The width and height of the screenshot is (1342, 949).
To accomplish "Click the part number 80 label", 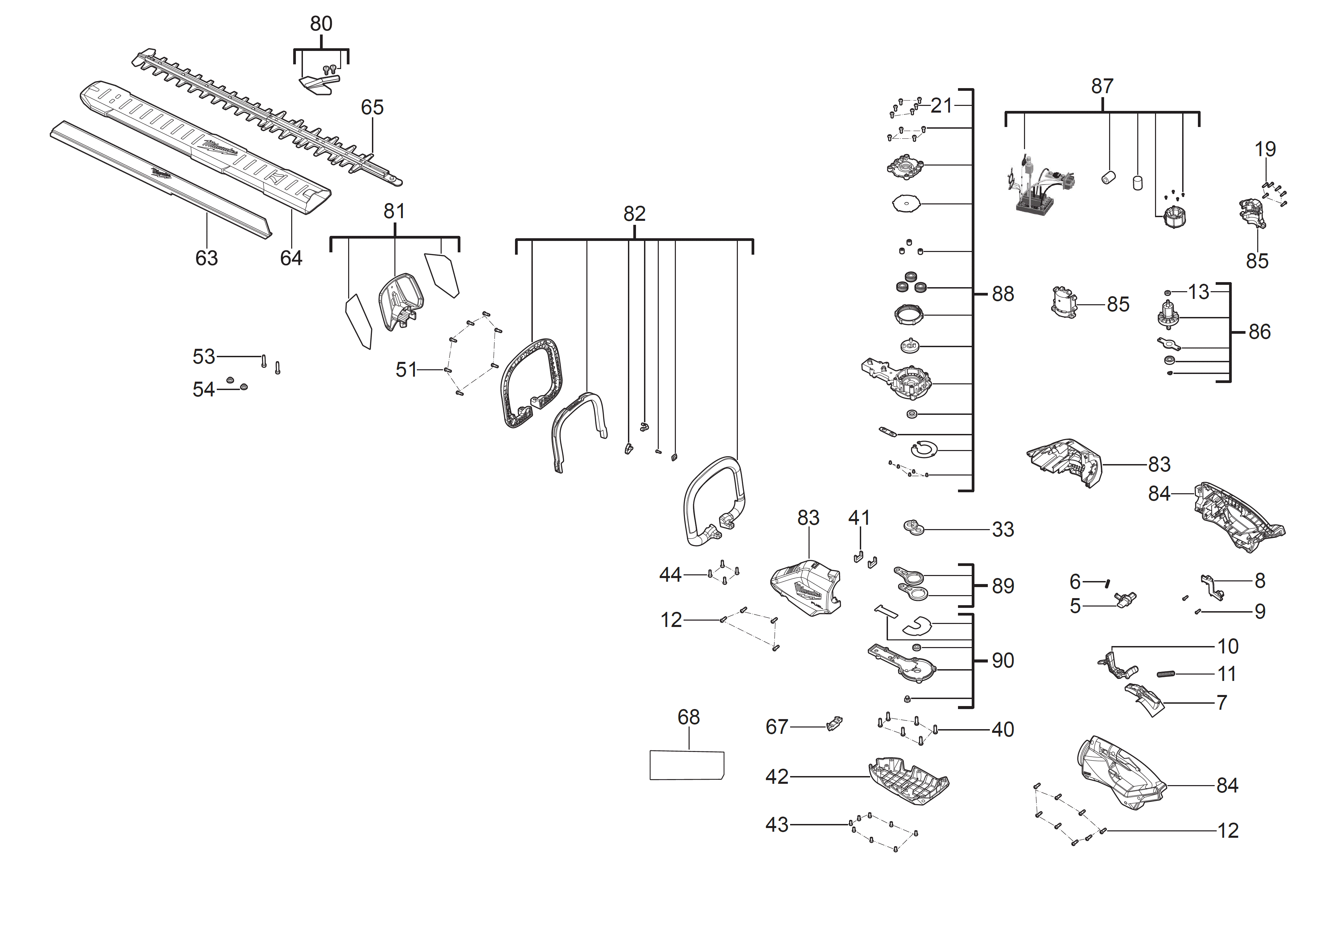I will pos(321,24).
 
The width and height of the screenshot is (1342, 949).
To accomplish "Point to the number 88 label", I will pos(1003,294).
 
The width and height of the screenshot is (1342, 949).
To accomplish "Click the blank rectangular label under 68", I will pos(687,765).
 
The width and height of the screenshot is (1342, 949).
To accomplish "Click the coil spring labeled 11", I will pos(1166,674).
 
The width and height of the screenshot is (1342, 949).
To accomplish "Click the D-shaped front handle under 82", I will pos(713,503).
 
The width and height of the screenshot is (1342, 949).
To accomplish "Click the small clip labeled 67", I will pos(835,724).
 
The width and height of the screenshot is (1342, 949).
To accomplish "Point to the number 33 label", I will pos(1003,529).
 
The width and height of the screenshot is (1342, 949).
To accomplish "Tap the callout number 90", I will pos(1003,661).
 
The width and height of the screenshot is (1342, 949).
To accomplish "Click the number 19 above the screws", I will pos(1265,149).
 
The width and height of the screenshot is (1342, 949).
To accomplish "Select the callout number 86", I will pos(1260,332).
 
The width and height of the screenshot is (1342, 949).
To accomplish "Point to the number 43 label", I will pos(777,825).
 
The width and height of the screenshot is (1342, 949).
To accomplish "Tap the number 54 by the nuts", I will pos(203,390).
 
